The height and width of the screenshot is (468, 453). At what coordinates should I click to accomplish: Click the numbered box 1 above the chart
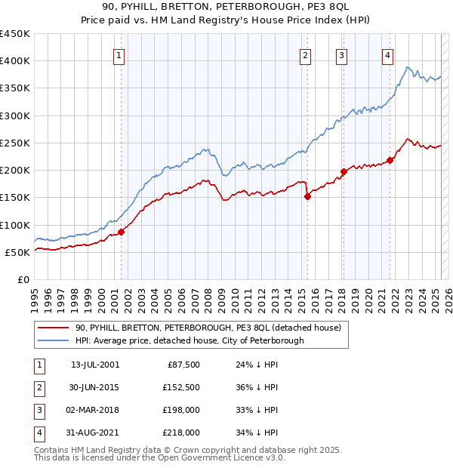[x=120, y=54]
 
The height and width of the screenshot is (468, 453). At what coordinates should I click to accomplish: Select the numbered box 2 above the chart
[x=305, y=54]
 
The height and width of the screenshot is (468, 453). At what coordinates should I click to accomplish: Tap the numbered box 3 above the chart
[x=341, y=54]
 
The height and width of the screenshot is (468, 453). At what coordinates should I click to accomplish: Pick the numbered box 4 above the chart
[x=387, y=54]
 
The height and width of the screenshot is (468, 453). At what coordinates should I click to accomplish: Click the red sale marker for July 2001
[x=121, y=232]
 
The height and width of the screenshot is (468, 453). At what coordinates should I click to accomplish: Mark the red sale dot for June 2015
[x=307, y=196]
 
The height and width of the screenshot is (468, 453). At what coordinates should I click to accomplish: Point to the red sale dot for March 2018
[x=344, y=171]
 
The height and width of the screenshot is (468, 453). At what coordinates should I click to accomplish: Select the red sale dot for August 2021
[x=390, y=160]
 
